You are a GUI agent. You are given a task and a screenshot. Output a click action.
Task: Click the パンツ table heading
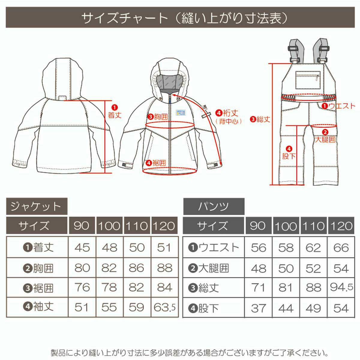click(213, 206)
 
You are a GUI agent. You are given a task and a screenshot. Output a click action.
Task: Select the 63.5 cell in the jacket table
click(165, 307)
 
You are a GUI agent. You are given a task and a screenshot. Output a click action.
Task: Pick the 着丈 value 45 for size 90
click(82, 248)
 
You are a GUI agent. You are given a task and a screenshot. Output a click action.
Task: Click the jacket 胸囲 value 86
click(136, 268)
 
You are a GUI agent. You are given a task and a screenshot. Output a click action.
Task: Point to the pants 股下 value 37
click(258, 308)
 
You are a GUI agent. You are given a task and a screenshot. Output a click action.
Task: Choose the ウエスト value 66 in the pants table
click(341, 248)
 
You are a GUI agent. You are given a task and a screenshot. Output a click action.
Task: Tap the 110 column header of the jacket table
click(136, 226)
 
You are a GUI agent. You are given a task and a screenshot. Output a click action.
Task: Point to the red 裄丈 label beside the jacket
click(227, 113)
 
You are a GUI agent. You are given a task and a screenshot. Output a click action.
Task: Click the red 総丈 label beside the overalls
click(260, 119)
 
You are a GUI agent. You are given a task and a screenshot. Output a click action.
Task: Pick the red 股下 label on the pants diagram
click(289, 153)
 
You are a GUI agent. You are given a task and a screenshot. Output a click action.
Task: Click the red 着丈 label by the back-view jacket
click(115, 112)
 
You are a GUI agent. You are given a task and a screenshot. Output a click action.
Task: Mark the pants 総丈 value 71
click(258, 287)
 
